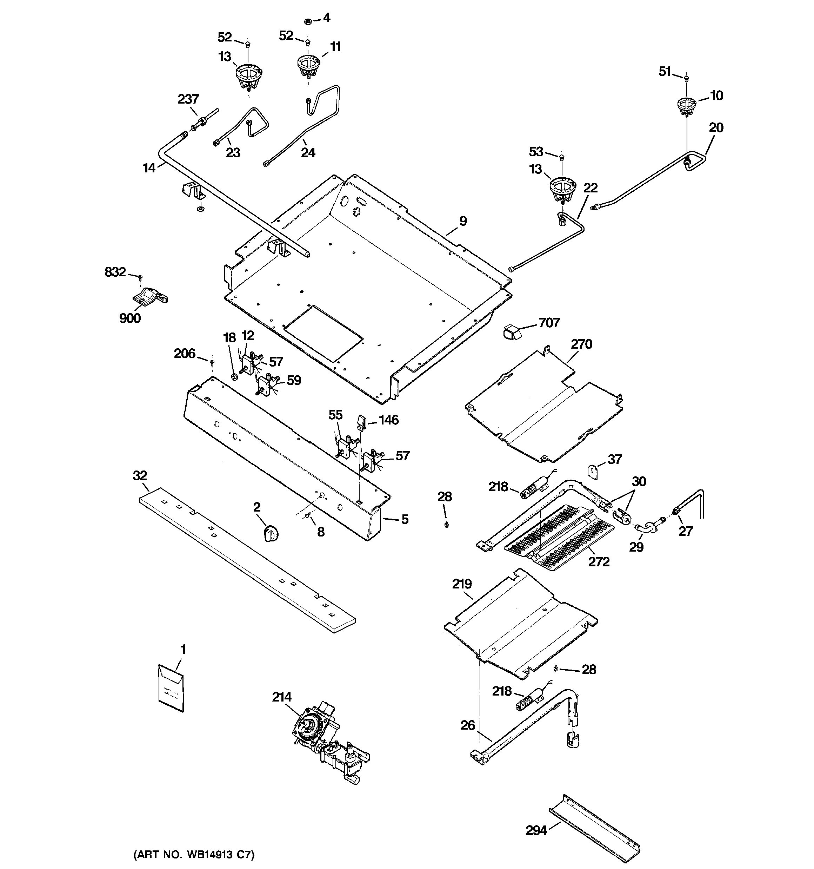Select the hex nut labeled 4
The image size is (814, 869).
307,21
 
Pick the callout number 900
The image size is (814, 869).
130,318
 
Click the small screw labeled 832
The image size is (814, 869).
140,277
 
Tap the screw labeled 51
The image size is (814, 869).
686,79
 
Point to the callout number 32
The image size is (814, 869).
140,476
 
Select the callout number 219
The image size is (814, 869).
462,584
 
